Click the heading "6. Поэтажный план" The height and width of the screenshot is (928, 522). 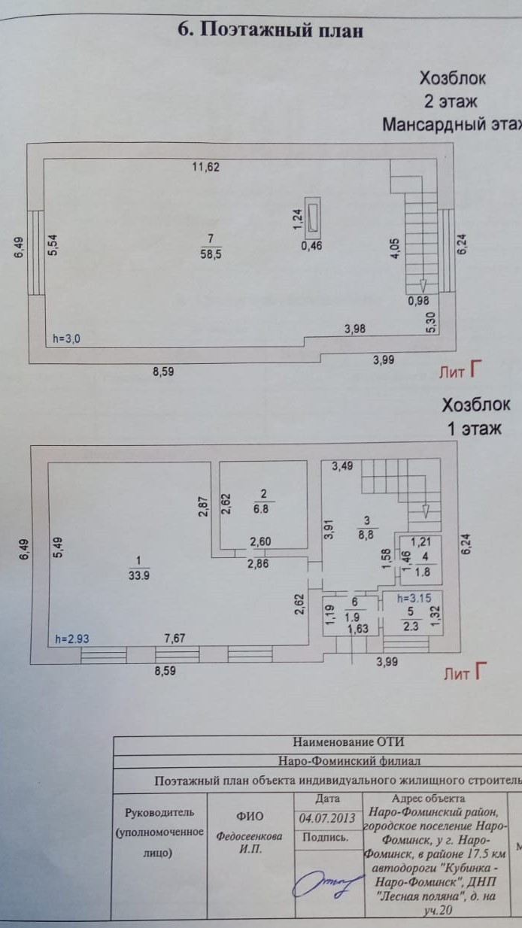tap(270, 30)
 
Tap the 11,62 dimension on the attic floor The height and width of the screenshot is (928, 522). tap(205, 168)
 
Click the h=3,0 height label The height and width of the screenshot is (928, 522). tap(67, 339)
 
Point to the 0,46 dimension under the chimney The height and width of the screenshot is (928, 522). tap(312, 245)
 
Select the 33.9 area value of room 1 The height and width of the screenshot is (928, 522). tap(138, 577)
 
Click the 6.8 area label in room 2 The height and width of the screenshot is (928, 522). tap(264, 508)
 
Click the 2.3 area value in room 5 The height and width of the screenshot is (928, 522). tap(410, 623)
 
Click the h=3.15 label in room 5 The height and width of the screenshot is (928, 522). tap(402, 599)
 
